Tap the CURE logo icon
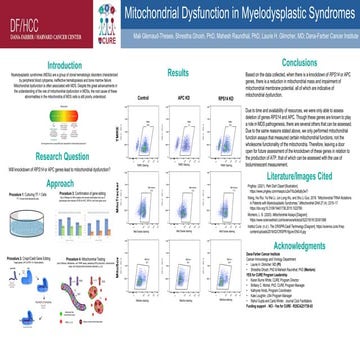pos(99,17)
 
